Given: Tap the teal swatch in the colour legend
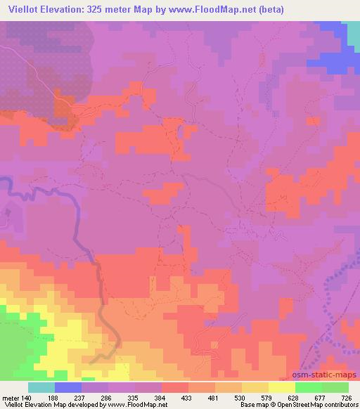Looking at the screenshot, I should click(x=41, y=387).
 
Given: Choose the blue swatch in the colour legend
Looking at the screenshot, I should click(x=68, y=387).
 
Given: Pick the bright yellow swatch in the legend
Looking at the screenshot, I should click(x=282, y=387).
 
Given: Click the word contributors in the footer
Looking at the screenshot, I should click(x=340, y=404).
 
